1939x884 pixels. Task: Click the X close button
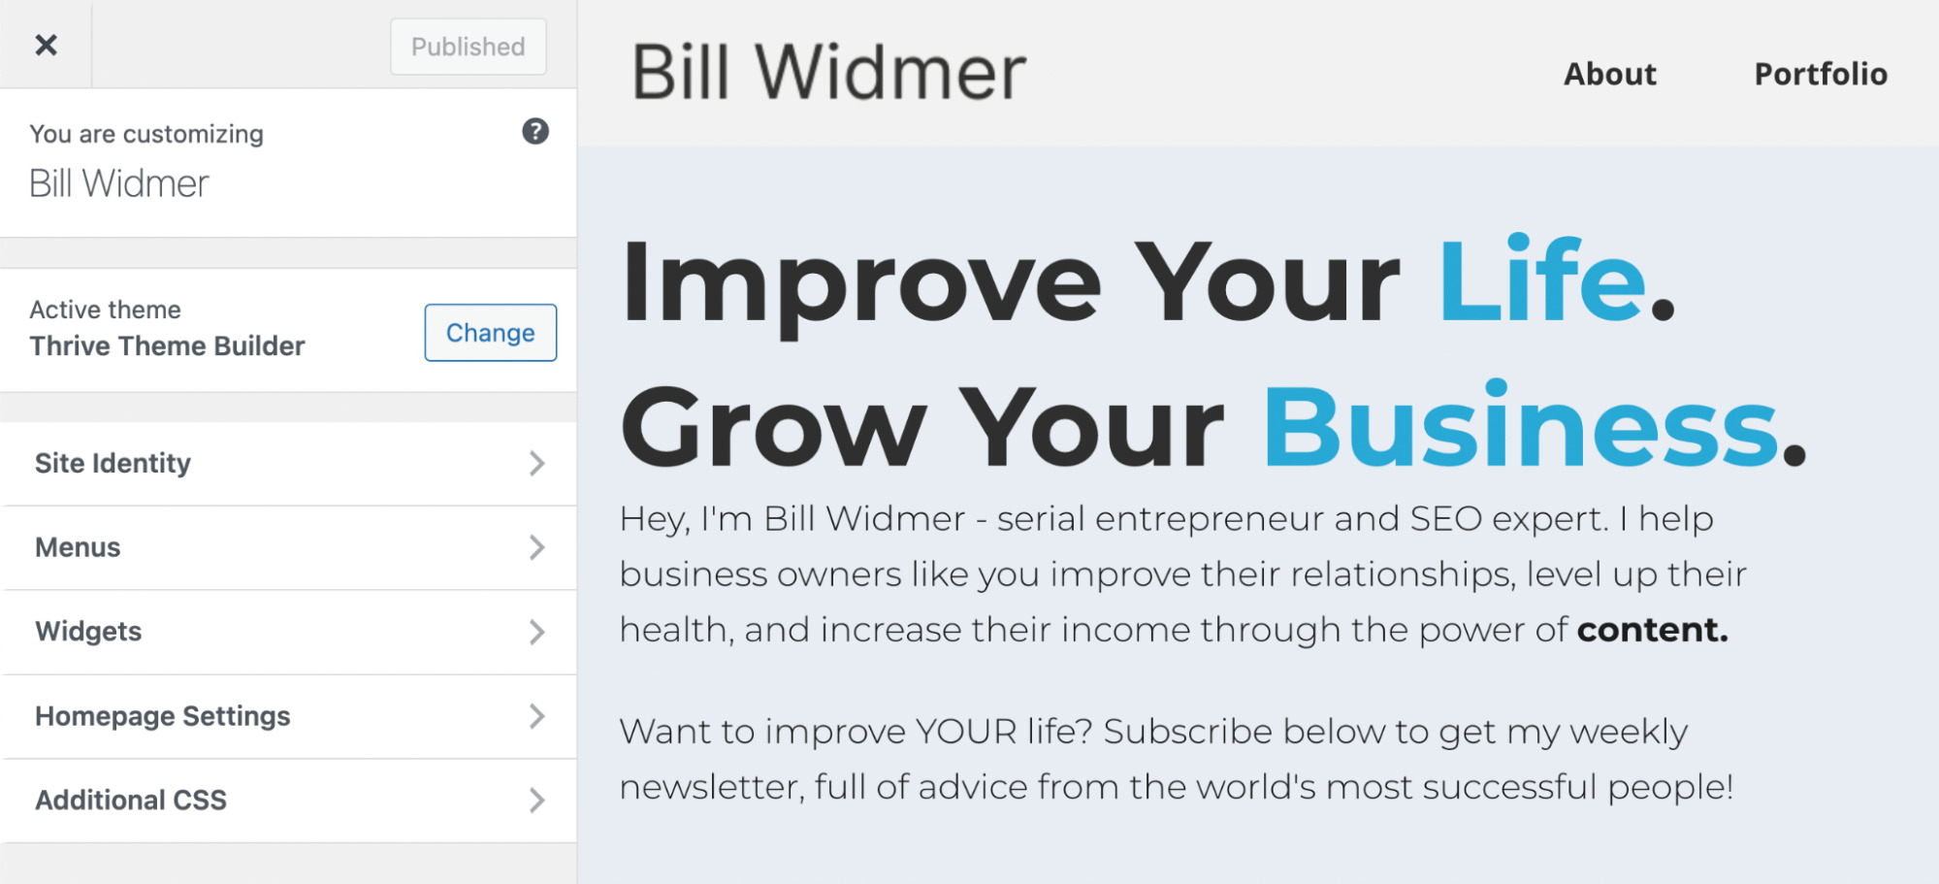46,45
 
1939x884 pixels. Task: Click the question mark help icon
535,131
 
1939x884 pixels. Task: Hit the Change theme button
490,333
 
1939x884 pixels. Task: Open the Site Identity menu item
113,464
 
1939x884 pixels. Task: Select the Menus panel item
79,548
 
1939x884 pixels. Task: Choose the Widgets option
89,632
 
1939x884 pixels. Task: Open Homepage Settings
163,716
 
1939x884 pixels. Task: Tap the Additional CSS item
131,801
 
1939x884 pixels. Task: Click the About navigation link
1610,74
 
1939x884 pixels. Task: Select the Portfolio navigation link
1821,74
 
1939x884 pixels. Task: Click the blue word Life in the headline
1542,281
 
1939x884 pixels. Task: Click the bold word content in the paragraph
1652,631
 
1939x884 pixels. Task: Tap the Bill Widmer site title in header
829,73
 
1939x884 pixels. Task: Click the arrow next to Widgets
536,632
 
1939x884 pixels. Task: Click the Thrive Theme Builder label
168,346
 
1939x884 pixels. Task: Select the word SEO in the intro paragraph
1445,519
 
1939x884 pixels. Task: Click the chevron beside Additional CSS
536,801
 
